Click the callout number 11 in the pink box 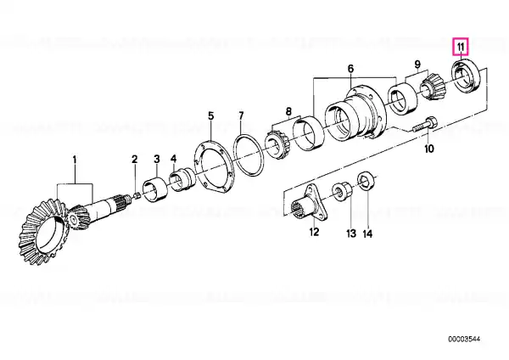click(x=461, y=47)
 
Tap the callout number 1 click(x=75, y=160)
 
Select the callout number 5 click(x=211, y=116)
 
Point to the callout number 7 click(x=241, y=115)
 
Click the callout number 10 click(x=429, y=149)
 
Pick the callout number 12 click(x=314, y=232)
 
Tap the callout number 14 click(x=367, y=233)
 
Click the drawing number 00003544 click(x=464, y=340)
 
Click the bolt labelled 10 click(x=425, y=125)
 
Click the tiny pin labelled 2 click(x=137, y=195)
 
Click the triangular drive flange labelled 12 click(x=310, y=204)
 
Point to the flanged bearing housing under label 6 click(x=355, y=113)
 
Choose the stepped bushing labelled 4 click(x=182, y=180)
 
